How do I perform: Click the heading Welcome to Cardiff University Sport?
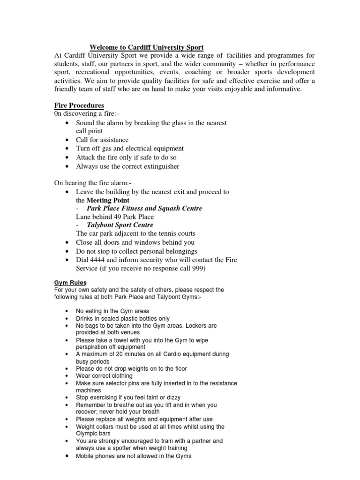147,47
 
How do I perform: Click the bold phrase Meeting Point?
109,200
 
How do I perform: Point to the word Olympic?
87,434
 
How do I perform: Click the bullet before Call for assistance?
68,140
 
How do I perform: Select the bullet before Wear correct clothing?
68,376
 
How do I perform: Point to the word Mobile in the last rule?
85,456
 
